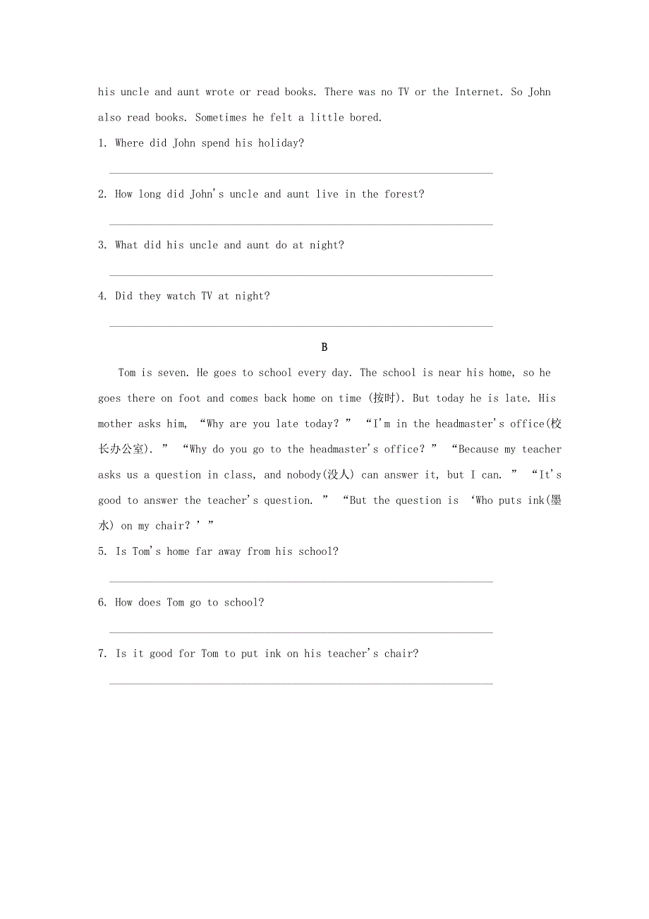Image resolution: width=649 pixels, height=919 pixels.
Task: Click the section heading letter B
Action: (324, 347)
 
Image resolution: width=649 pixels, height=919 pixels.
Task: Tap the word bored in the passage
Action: (364, 118)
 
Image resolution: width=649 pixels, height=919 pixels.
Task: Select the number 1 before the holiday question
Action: (101, 143)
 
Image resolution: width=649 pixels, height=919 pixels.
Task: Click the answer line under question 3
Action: (301, 275)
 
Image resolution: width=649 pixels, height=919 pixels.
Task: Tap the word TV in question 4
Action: (207, 296)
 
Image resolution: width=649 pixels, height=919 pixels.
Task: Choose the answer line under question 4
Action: (301, 326)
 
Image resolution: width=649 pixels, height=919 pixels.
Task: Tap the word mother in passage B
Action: (115, 424)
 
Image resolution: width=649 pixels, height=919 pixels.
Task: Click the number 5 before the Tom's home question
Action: (101, 552)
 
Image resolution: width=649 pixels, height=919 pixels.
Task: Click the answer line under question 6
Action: (301, 632)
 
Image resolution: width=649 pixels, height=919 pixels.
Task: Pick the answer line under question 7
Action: (301, 683)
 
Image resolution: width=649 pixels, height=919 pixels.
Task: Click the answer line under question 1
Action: (301, 172)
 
